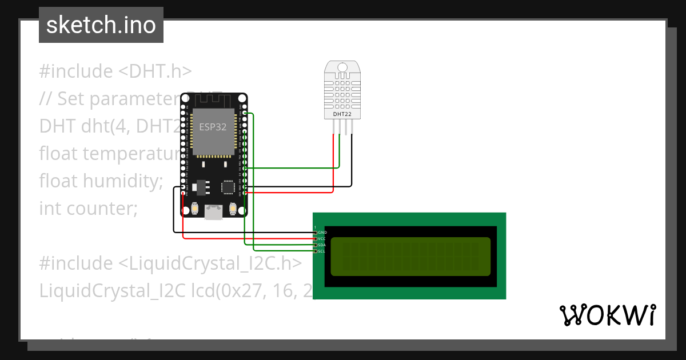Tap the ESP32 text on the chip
tap(213, 127)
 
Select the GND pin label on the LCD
tap(322, 233)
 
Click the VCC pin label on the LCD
tap(322, 238)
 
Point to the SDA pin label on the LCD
tap(322, 245)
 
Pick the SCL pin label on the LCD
tap(322, 251)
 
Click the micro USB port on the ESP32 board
tap(214, 213)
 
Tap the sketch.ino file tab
tap(101, 25)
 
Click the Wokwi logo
tap(607, 315)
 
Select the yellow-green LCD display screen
tap(410, 256)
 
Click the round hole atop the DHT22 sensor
tap(342, 67)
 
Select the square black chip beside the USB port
tap(229, 187)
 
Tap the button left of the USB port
tap(195, 209)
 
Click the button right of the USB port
tap(233, 209)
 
